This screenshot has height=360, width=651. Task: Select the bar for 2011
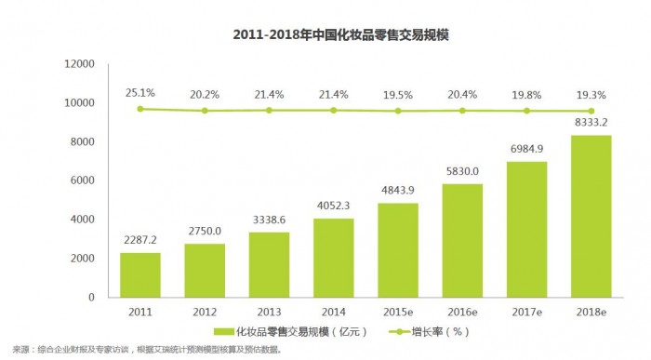pyautogui.click(x=140, y=274)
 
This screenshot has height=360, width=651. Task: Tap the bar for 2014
pyautogui.click(x=333, y=258)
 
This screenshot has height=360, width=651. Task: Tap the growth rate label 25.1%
pyautogui.click(x=140, y=92)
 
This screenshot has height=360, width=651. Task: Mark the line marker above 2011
pyautogui.click(x=140, y=109)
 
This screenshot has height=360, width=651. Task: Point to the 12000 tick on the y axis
pyautogui.click(x=80, y=64)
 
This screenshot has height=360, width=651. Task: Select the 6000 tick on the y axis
pyautogui.click(x=84, y=180)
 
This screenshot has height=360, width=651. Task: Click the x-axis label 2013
pyautogui.click(x=269, y=311)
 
